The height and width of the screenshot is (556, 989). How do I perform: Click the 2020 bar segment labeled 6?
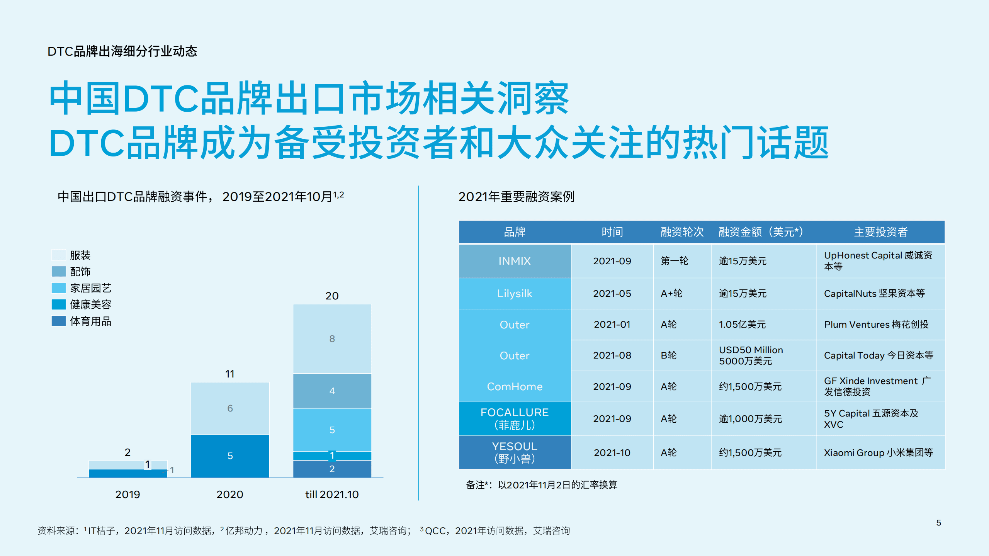point(230,408)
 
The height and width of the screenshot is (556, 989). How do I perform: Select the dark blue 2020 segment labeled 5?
point(230,456)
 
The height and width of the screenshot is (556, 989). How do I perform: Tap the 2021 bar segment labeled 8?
point(332,338)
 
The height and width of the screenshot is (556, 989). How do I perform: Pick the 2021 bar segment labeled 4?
point(332,391)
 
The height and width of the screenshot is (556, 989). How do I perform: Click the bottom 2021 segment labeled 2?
point(332,469)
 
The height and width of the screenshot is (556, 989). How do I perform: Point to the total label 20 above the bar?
point(332,296)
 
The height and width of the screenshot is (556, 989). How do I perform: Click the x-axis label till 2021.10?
point(332,494)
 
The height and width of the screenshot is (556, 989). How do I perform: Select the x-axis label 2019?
point(127,494)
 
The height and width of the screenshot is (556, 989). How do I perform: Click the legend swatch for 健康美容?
point(59,304)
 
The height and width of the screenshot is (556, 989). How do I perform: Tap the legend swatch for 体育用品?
point(59,321)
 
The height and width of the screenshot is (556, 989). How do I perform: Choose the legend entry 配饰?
point(80,272)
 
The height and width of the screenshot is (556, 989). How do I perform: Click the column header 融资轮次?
point(682,232)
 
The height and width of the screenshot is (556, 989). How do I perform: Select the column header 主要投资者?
point(880,232)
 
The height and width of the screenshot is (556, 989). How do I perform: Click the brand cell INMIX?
point(515,261)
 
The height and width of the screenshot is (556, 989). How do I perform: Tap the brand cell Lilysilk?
point(515,293)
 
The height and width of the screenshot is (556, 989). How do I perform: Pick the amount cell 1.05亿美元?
point(742,324)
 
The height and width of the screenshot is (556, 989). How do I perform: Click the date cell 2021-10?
point(612,452)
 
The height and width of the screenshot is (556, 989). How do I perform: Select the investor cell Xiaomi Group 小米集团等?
point(878,452)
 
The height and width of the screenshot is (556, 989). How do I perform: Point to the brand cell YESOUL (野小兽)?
point(515,452)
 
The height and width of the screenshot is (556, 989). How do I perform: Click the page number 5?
point(938,522)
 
